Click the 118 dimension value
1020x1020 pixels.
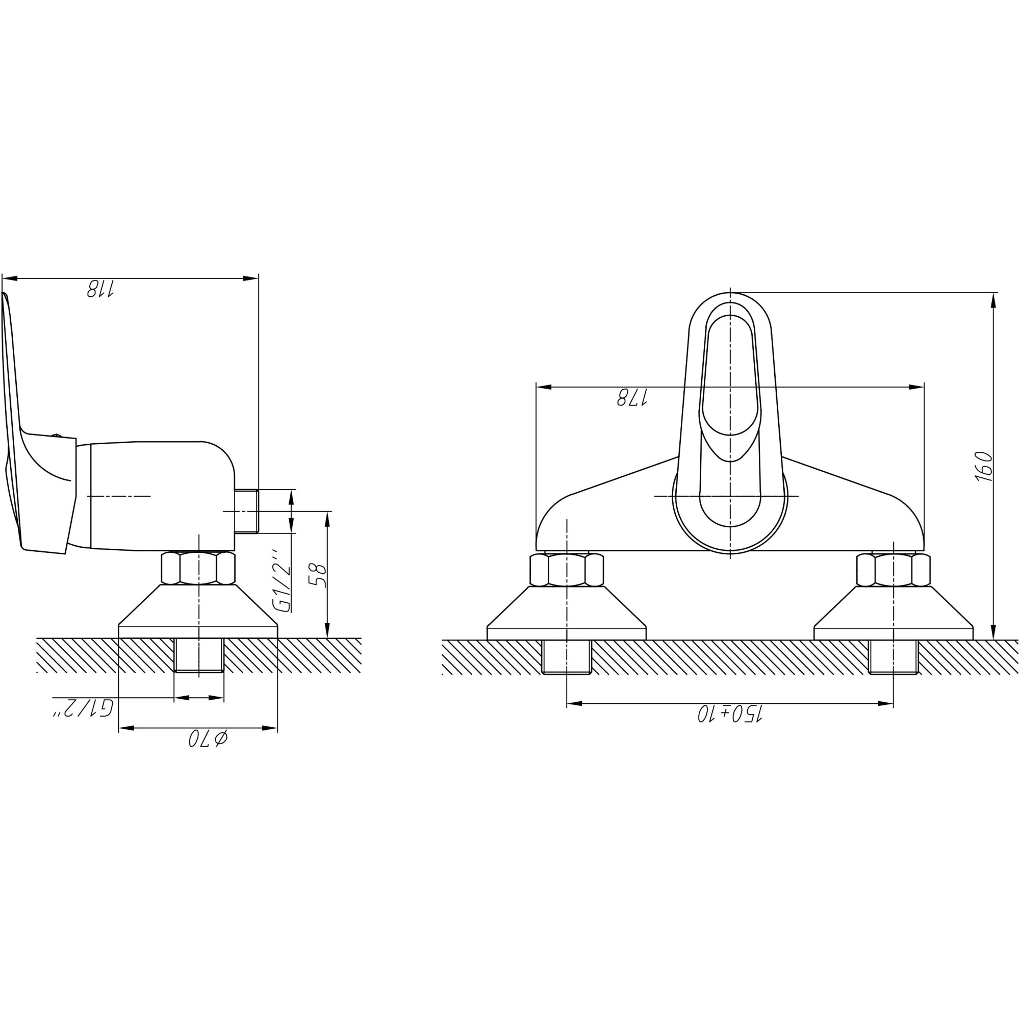coord(100,289)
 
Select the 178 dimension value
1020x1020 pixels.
coord(632,398)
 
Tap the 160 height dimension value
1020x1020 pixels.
coord(984,466)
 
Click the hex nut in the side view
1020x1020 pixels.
coord(198,568)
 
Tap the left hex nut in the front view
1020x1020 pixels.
coord(567,570)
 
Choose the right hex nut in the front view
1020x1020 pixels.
coord(894,570)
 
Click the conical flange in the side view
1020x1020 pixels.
coord(198,611)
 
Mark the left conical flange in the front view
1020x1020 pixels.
coord(567,613)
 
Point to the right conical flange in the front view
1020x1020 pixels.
coord(894,613)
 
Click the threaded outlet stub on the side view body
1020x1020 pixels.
coord(246,511)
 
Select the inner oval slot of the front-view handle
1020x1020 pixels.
coord(730,375)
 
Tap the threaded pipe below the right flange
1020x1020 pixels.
coord(894,657)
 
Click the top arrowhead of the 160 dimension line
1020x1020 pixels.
coord(993,300)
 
